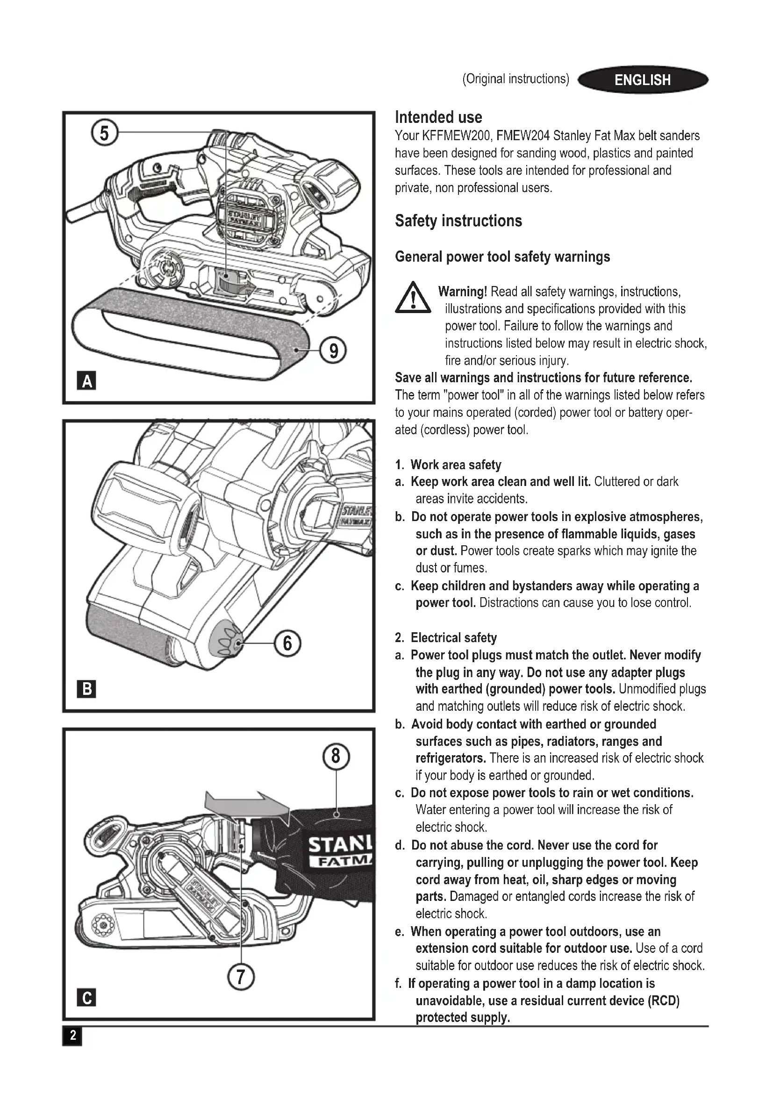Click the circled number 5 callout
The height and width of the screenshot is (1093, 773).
[104, 133]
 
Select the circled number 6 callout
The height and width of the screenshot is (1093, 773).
[287, 643]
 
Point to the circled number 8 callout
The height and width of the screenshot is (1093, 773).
[336, 756]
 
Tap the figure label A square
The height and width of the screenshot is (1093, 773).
[86, 381]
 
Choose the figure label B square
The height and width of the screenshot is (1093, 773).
[86, 689]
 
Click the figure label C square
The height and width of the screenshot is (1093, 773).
[86, 997]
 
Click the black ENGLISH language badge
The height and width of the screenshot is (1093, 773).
[643, 79]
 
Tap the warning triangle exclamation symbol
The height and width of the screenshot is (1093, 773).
[413, 299]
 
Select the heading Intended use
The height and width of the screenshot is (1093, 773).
[438, 117]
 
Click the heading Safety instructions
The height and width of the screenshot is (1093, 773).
[458, 221]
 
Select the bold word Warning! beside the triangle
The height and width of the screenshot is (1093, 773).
[462, 291]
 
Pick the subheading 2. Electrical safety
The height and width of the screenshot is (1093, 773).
[446, 638]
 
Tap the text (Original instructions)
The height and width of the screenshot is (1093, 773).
[515, 79]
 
